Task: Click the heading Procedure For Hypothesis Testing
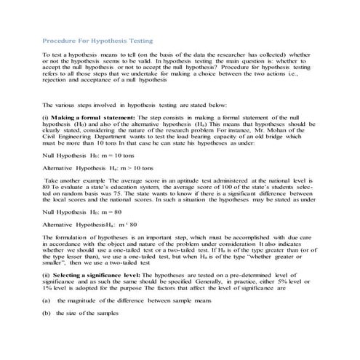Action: (97, 41)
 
